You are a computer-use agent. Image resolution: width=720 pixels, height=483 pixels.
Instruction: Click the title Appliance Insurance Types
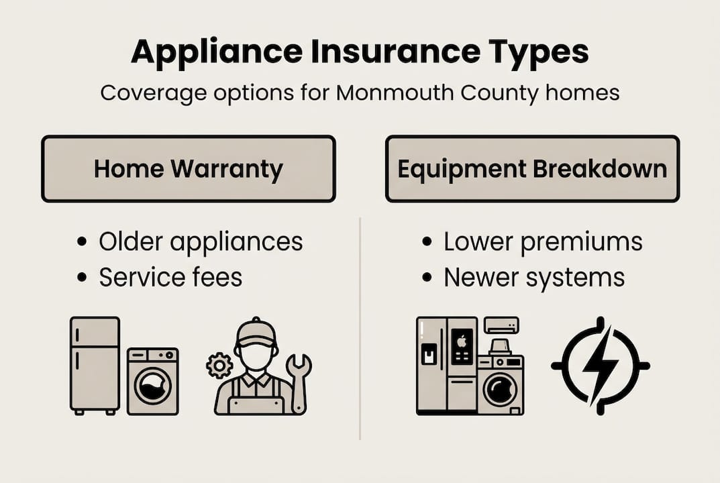pos(360,52)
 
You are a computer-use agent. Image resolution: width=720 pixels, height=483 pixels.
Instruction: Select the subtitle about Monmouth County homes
pos(360,92)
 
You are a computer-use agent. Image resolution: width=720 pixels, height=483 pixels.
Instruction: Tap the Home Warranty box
pos(188,168)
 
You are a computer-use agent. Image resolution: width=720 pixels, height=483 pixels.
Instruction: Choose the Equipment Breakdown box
pos(532,168)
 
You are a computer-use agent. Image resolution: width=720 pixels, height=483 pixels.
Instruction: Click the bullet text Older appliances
pos(201,242)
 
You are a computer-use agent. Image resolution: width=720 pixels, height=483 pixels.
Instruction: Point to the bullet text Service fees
pos(170,277)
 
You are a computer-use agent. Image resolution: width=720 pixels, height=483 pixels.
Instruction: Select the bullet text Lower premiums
pos(543,242)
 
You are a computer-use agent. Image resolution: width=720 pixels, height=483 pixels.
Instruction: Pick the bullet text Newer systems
pos(534,277)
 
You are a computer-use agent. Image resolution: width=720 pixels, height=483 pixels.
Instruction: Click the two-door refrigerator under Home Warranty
pos(95,364)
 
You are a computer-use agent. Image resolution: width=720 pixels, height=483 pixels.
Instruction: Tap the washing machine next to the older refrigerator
pos(153,380)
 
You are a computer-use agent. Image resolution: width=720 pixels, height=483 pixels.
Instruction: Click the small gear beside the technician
pos(219,366)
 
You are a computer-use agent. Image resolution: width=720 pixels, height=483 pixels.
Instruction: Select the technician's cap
pos(256,331)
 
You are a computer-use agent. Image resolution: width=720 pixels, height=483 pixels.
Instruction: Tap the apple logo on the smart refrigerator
pos(462,340)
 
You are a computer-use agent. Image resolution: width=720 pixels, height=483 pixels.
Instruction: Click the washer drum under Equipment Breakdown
pos(501,390)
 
